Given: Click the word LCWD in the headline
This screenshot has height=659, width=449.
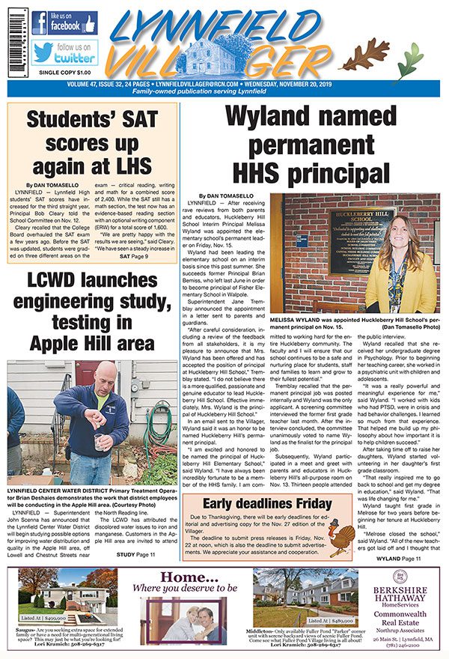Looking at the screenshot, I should pos(49,283).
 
